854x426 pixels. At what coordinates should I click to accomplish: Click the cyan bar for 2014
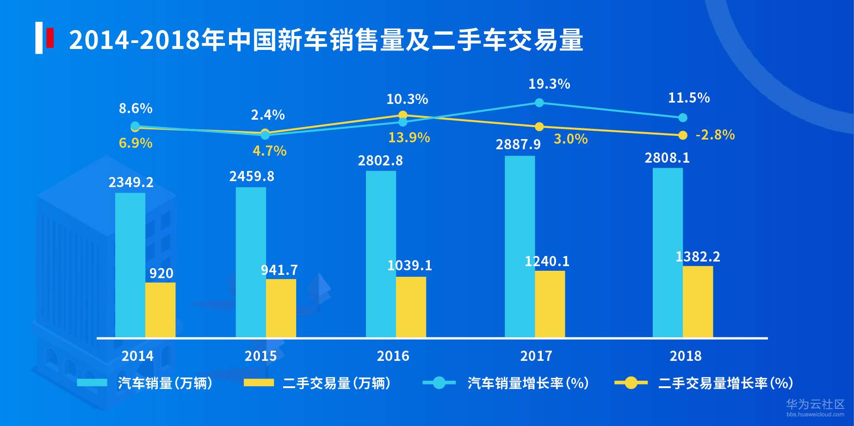tap(130, 265)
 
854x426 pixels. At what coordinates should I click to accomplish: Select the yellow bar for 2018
tap(698, 301)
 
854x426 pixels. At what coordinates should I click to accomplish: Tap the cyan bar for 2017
tap(520, 246)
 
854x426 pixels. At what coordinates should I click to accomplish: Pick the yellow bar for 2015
tap(281, 308)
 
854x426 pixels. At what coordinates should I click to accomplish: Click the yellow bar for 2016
tap(411, 307)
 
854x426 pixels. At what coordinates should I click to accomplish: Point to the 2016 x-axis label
tap(393, 356)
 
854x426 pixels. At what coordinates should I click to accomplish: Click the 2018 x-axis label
tap(685, 356)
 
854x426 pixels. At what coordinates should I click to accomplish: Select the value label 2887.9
tap(518, 145)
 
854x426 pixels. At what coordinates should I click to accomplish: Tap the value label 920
tap(161, 274)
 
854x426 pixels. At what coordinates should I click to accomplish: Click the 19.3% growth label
tap(549, 84)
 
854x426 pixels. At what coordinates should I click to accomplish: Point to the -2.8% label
tap(715, 135)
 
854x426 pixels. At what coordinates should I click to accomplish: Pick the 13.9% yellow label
tap(408, 138)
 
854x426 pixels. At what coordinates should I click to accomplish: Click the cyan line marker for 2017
tap(539, 103)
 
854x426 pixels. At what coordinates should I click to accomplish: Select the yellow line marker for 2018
tap(682, 135)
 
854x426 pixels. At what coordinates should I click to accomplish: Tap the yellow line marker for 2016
tap(403, 115)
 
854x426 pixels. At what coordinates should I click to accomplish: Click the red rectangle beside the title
tap(50, 38)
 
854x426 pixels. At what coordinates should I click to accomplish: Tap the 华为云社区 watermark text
tap(815, 404)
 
